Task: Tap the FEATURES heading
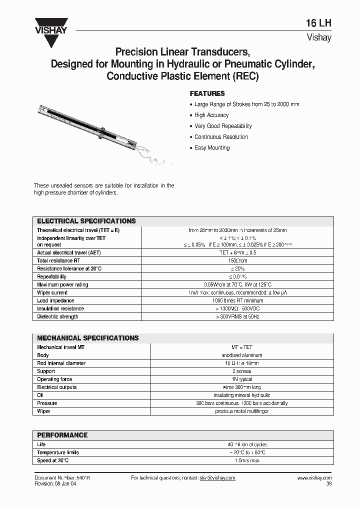(207, 93)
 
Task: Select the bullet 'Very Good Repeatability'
(222, 126)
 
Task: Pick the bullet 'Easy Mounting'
(211, 148)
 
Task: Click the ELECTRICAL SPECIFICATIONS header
(86, 221)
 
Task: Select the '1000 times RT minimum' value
(237, 300)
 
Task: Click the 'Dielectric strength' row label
(57, 316)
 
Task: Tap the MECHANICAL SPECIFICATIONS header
(88, 338)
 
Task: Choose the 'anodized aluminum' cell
(237, 355)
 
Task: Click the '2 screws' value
(237, 371)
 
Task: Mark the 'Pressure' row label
(47, 403)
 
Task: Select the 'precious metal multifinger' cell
(237, 411)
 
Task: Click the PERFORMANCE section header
(62, 435)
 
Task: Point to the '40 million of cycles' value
(237, 444)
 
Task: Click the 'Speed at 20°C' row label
(53, 460)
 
